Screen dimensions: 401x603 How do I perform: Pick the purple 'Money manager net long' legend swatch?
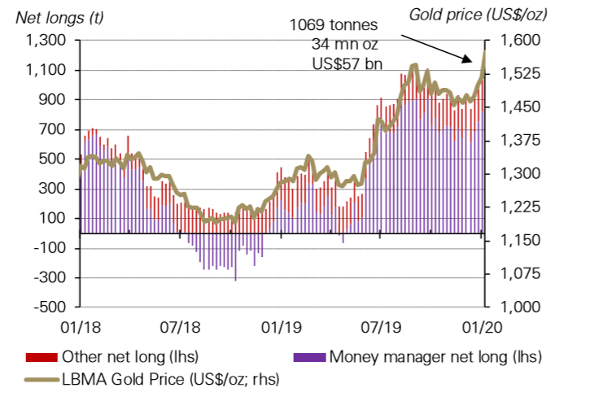pyautogui.click(x=310, y=357)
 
